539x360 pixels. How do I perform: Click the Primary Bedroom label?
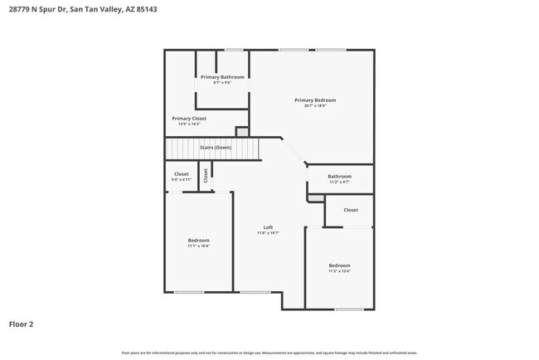tap(315, 100)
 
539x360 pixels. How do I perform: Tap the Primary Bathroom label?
tap(222, 77)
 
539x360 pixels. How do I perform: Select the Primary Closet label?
tap(189, 119)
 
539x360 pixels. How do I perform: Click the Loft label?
tap(268, 227)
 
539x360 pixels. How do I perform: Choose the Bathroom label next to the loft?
tap(339, 176)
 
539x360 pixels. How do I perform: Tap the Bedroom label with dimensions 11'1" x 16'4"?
tap(198, 241)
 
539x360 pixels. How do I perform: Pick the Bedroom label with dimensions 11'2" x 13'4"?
tap(339, 265)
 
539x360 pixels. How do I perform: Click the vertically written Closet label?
tap(206, 176)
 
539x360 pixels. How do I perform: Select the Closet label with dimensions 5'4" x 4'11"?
tap(181, 174)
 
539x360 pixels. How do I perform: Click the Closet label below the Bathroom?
tap(351, 210)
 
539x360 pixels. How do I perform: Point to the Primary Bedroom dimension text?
tap(315, 105)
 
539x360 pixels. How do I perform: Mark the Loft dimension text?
tap(268, 233)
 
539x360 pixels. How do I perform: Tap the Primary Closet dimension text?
tap(189, 124)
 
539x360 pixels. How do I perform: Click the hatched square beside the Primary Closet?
tap(241, 131)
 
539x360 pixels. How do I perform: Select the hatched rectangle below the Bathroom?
tap(315, 197)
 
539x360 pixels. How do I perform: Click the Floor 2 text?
tap(22, 324)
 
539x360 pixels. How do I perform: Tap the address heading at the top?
tap(66, 9)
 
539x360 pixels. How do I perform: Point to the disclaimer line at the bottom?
tap(269, 353)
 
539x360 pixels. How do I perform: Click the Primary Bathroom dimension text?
tap(222, 82)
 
